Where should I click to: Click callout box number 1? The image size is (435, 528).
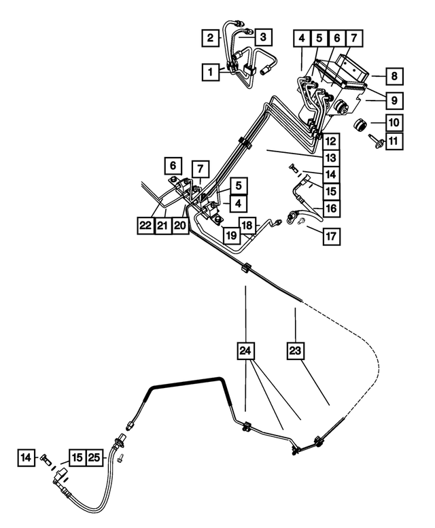click(211, 72)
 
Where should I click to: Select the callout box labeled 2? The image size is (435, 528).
click(211, 38)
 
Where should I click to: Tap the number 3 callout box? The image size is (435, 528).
click(263, 37)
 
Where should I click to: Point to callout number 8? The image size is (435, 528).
click(394, 76)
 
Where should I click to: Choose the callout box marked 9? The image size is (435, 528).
click(394, 100)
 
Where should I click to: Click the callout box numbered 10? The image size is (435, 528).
click(394, 122)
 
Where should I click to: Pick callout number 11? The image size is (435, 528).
click(394, 141)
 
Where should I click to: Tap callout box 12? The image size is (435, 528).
click(331, 141)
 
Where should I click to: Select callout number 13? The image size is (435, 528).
click(331, 158)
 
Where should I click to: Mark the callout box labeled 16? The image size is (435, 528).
click(331, 209)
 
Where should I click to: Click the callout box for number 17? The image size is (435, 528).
click(331, 236)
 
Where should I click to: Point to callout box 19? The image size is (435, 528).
click(231, 235)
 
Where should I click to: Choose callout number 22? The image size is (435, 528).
click(145, 226)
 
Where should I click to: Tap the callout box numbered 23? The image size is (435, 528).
click(295, 351)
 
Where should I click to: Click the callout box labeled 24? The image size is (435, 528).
click(245, 351)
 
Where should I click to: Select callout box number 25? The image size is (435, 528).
click(94, 457)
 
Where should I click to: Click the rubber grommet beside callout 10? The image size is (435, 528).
click(360, 125)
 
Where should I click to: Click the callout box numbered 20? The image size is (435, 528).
click(180, 226)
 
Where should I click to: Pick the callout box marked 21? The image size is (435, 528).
click(163, 226)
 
